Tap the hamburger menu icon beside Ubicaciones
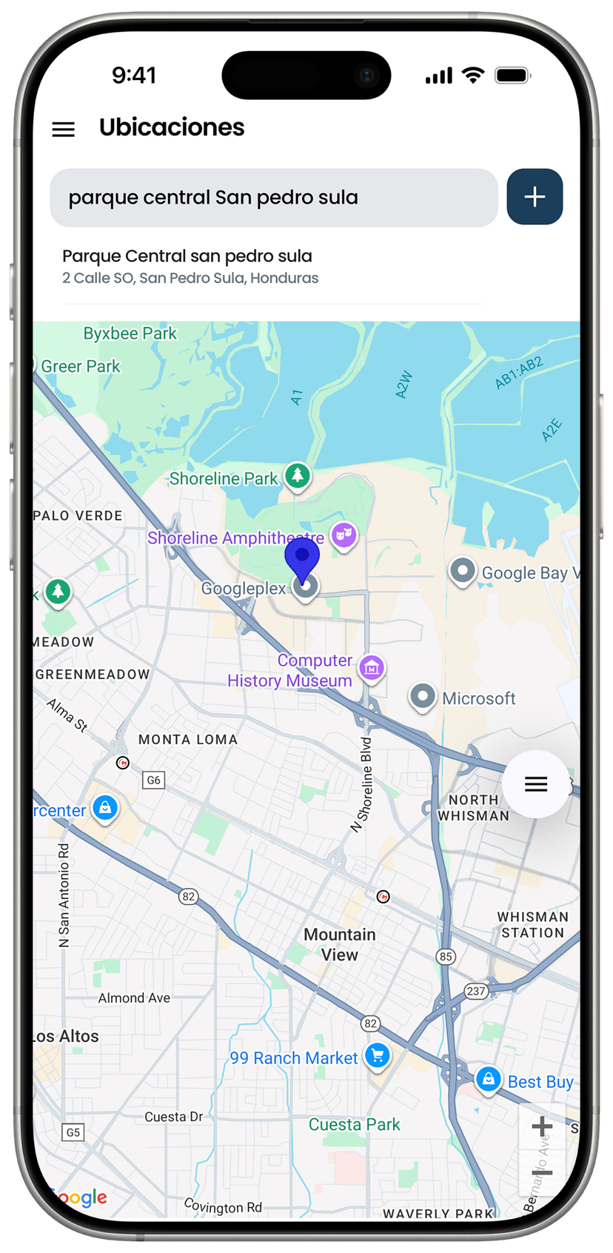[64, 130]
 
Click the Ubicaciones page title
[172, 127]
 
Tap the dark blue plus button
[535, 197]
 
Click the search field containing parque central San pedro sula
[273, 198]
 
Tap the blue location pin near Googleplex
[302, 558]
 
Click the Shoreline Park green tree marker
[298, 475]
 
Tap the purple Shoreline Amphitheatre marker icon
[344, 534]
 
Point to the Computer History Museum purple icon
[372, 668]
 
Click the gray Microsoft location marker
[423, 696]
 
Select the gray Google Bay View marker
[463, 571]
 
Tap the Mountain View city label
[340, 944]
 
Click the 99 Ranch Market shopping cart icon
[378, 1055]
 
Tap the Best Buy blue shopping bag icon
[489, 1079]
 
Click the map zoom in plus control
[542, 1126]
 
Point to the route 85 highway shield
[446, 956]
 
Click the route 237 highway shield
[476, 991]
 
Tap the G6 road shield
[153, 780]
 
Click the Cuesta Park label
[354, 1124]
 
